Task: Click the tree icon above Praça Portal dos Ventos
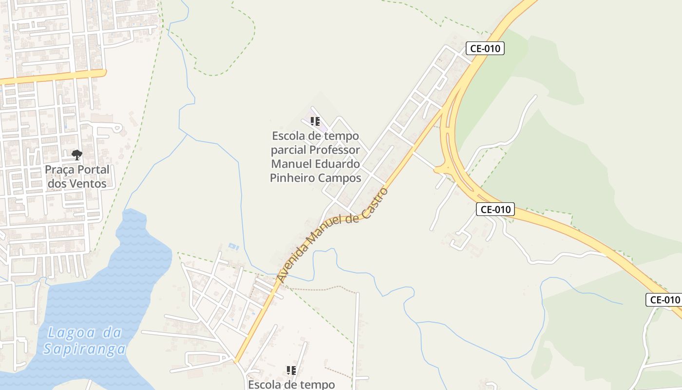tap(76, 156)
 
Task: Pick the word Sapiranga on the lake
tap(84, 349)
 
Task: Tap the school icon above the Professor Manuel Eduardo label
tap(315, 121)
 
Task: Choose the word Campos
tap(340, 178)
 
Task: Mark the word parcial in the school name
tap(288, 150)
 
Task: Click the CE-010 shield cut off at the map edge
tap(663, 300)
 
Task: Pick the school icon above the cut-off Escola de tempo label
tap(291, 370)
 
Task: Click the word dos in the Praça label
tap(57, 184)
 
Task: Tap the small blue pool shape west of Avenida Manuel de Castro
tap(233, 247)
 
